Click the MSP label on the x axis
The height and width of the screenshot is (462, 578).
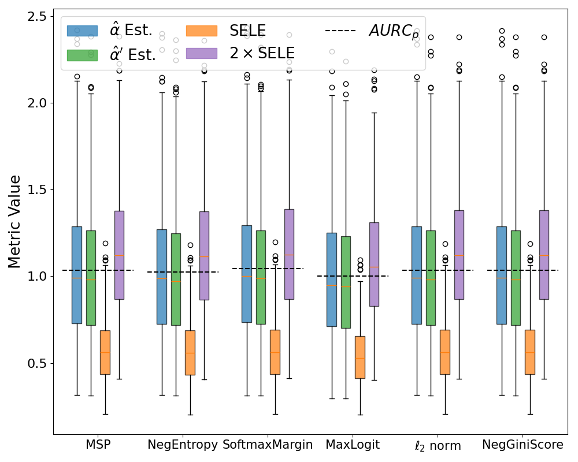(98, 445)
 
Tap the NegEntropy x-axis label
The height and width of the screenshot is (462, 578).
(183, 445)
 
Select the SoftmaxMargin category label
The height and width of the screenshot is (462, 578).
(268, 445)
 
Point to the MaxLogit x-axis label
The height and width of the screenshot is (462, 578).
(353, 445)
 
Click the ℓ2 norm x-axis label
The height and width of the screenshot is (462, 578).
(438, 445)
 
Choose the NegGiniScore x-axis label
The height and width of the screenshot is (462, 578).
(523, 445)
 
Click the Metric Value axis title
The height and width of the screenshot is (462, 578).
(15, 222)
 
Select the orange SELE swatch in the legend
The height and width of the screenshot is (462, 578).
(202, 31)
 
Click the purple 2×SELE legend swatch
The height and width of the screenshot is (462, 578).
(202, 53)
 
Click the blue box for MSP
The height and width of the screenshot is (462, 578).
(77, 275)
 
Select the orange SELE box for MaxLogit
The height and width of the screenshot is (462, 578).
(360, 357)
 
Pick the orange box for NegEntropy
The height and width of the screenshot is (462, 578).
(190, 352)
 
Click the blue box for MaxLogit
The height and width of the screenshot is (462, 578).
(332, 280)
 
